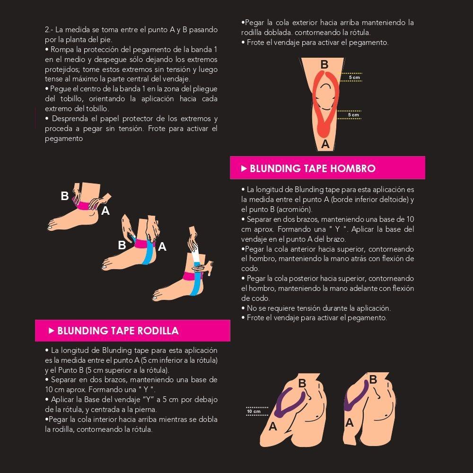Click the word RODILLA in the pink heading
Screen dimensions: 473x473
[158, 331]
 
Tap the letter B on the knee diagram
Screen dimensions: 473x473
[324, 64]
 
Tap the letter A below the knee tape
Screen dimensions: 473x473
[325, 144]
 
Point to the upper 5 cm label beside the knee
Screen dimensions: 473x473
[354, 78]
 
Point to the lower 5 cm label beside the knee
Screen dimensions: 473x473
[353, 114]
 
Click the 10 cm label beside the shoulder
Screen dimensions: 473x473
[254, 412]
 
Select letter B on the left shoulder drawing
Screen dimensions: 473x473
[302, 383]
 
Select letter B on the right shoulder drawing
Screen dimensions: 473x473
[373, 379]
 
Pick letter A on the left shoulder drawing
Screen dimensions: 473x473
[273, 426]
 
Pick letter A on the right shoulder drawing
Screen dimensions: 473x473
[350, 422]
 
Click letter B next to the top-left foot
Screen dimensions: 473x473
[64, 196]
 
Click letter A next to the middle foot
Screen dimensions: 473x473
[162, 247]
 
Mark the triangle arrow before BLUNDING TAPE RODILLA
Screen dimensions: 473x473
[51, 331]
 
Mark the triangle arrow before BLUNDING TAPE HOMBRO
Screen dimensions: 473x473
[244, 168]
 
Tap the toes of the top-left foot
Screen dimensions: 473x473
[52, 226]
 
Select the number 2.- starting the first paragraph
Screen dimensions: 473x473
[49, 29]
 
